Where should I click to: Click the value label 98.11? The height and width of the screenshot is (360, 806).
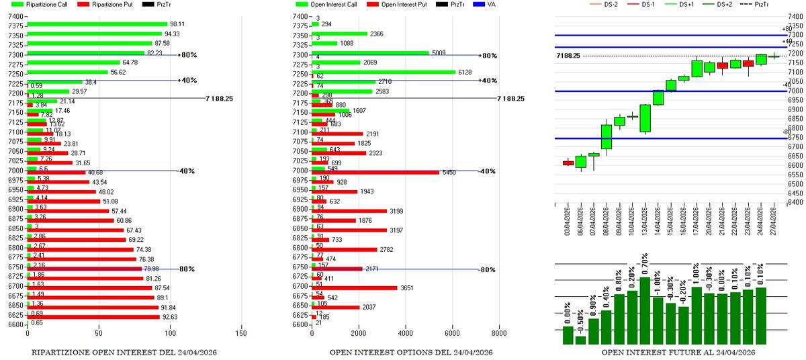tap(177, 24)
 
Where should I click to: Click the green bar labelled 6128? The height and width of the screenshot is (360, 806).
tap(383, 72)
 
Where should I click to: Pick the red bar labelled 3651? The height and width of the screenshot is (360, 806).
tap(355, 287)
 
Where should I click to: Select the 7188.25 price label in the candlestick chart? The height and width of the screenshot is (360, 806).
tap(569, 55)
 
